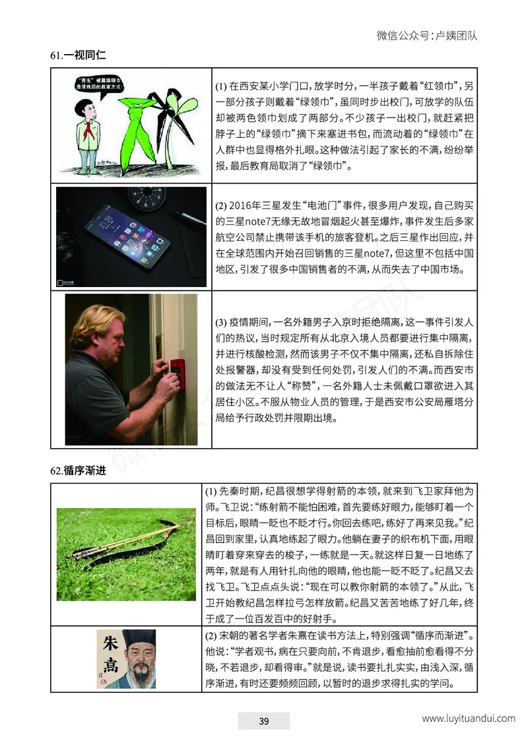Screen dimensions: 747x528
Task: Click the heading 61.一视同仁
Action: [78, 56]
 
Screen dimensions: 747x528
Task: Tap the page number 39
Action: [263, 721]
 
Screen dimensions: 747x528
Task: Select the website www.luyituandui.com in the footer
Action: [468, 719]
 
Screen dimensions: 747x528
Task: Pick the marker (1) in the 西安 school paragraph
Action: [221, 86]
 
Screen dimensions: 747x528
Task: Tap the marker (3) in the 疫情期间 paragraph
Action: [221, 323]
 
